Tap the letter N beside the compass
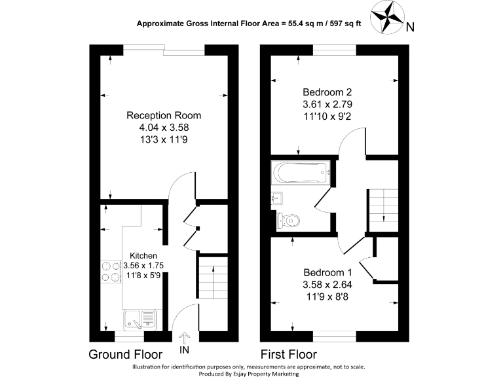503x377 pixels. point(409,27)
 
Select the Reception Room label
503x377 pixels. point(163,115)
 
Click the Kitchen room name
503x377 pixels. point(143,255)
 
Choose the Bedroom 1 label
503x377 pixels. point(327,272)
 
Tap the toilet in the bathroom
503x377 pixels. point(288,220)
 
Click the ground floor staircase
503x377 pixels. point(212,278)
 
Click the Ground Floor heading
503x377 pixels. point(125,355)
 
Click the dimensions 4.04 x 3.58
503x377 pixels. point(163,128)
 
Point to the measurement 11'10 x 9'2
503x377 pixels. point(327,116)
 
